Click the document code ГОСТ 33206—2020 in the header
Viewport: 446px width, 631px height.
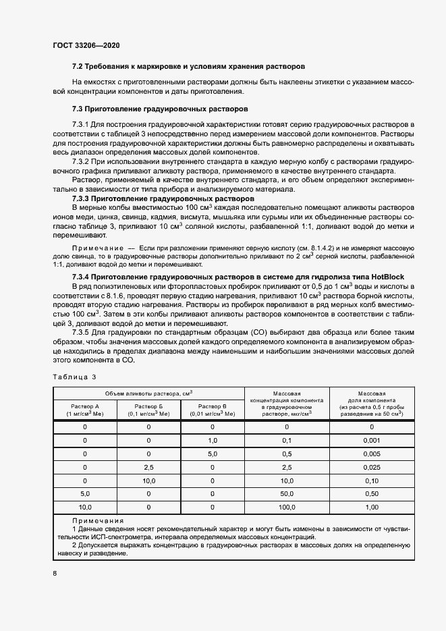(86, 45)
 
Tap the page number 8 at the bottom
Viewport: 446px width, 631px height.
(54, 573)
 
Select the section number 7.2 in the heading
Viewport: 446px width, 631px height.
(78, 67)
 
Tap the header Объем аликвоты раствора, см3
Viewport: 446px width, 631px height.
(148, 393)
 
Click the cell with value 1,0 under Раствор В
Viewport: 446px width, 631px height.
(212, 440)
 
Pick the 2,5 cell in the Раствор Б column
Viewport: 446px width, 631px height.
(149, 467)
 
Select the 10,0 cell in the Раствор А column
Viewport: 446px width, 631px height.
(84, 506)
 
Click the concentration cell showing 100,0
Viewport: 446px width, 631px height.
(286, 506)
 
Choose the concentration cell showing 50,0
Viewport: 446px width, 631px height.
(286, 493)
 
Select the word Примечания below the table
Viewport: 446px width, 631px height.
(97, 521)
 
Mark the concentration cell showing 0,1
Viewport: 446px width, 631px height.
(286, 440)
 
